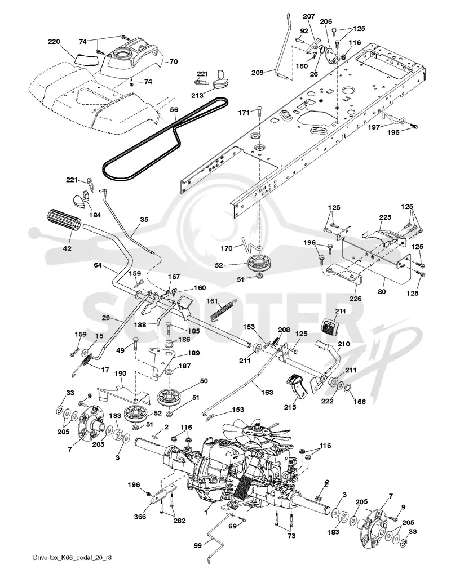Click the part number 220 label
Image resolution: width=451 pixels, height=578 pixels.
(x=54, y=42)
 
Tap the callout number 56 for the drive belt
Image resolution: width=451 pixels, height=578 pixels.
(x=174, y=109)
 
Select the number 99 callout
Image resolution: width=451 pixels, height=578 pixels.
(x=198, y=545)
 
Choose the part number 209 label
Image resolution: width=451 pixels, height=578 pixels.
(x=257, y=73)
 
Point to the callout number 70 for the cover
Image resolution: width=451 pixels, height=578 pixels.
(x=173, y=61)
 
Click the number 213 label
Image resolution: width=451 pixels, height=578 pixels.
(x=197, y=95)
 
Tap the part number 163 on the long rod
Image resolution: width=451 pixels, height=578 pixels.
(x=267, y=392)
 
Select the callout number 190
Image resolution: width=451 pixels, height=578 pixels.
(x=120, y=374)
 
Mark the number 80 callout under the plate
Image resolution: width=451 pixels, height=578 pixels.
(x=382, y=292)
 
